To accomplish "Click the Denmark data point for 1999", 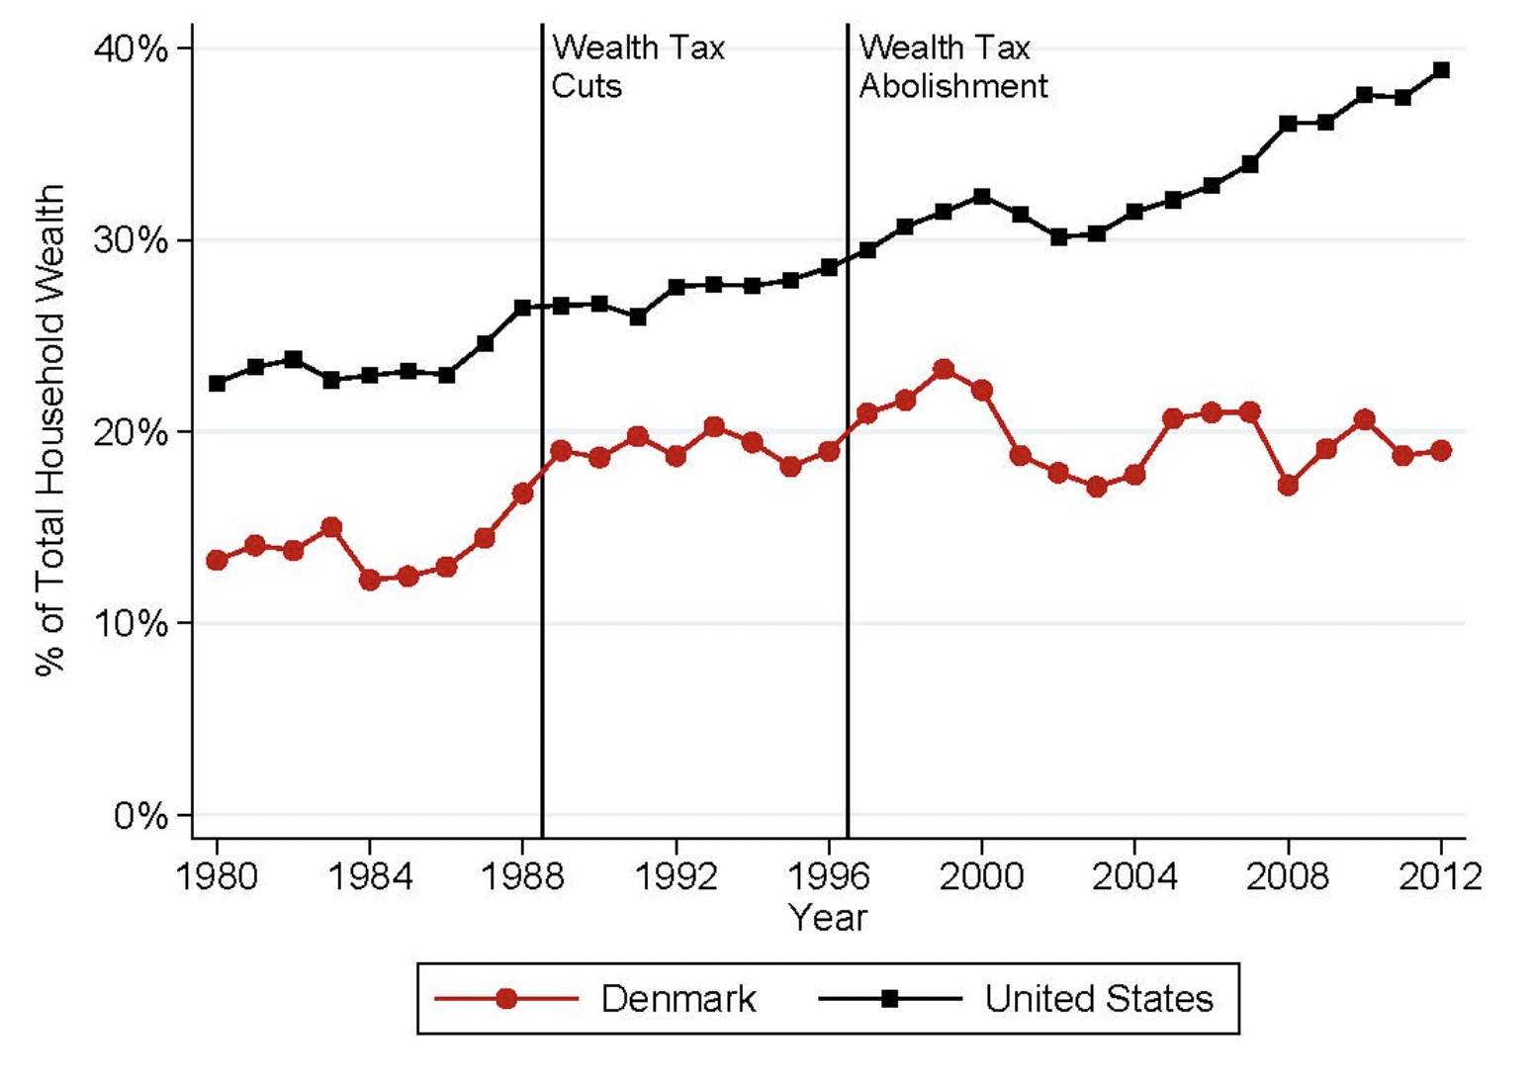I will coord(944,369).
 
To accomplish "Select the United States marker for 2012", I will coord(1441,70).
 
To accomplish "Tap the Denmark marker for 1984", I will coord(370,580).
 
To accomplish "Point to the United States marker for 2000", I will coord(982,197).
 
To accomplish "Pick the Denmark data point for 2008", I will coord(1288,486).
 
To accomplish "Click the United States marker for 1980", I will coord(217,383).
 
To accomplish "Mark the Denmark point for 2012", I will coord(1441,450).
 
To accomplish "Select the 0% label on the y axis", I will coord(139,816).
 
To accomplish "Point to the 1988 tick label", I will coord(522,876).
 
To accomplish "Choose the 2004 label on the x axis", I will coord(1134,876).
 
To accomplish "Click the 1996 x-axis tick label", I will coord(829,876).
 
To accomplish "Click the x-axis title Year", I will coord(828,918).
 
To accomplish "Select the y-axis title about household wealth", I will coord(49,430).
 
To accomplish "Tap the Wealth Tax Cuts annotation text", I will coord(637,66).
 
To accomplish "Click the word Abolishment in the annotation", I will coord(952,86).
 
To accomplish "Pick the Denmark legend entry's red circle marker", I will coord(506,999).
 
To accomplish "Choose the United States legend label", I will coord(1098,999).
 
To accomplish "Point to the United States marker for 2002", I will coord(1058,236).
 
